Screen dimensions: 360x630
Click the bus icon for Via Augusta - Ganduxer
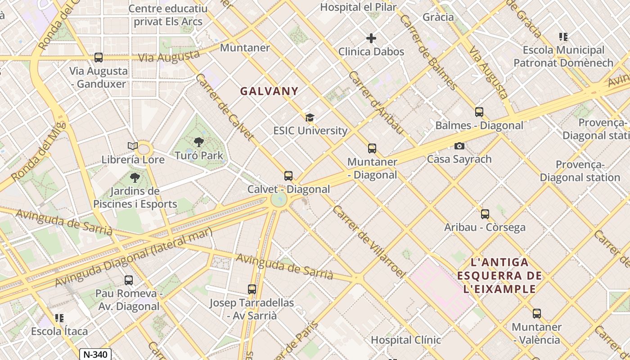99,58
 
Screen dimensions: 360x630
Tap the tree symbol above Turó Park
198,142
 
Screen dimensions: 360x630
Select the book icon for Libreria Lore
132,146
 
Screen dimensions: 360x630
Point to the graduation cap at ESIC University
310,118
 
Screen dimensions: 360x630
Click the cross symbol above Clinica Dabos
371,38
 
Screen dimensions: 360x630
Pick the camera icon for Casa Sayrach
459,146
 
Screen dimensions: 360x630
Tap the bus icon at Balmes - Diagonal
479,112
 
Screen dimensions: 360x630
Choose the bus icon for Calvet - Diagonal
288,176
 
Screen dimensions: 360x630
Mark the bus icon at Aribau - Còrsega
485,214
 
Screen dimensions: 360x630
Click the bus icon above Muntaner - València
536,314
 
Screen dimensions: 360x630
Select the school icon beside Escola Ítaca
59,318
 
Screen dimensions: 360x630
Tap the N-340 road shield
95,355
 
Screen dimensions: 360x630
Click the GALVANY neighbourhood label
269,91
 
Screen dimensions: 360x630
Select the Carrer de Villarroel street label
369,242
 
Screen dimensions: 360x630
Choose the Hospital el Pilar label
358,7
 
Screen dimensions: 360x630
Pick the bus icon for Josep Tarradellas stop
252,289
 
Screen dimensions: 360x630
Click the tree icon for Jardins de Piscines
135,178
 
